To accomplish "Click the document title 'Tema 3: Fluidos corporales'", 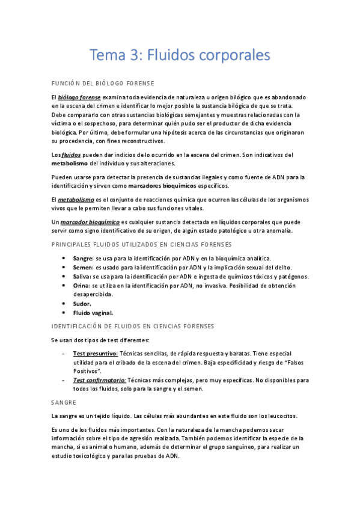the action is (x=180, y=55).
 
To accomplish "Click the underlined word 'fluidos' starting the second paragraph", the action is (x=71, y=155).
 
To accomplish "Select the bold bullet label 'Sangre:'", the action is (x=83, y=258).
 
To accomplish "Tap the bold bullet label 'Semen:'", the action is (x=83, y=267).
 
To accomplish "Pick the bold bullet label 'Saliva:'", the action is (x=82, y=277).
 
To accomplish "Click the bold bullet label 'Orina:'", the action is (x=82, y=286).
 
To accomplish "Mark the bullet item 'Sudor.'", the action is (x=82, y=304).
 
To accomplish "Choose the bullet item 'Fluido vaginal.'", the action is (x=93, y=313).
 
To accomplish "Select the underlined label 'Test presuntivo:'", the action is (x=95, y=354).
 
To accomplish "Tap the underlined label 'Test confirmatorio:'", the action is (x=99, y=381).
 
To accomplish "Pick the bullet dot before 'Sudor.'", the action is (x=65, y=304).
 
